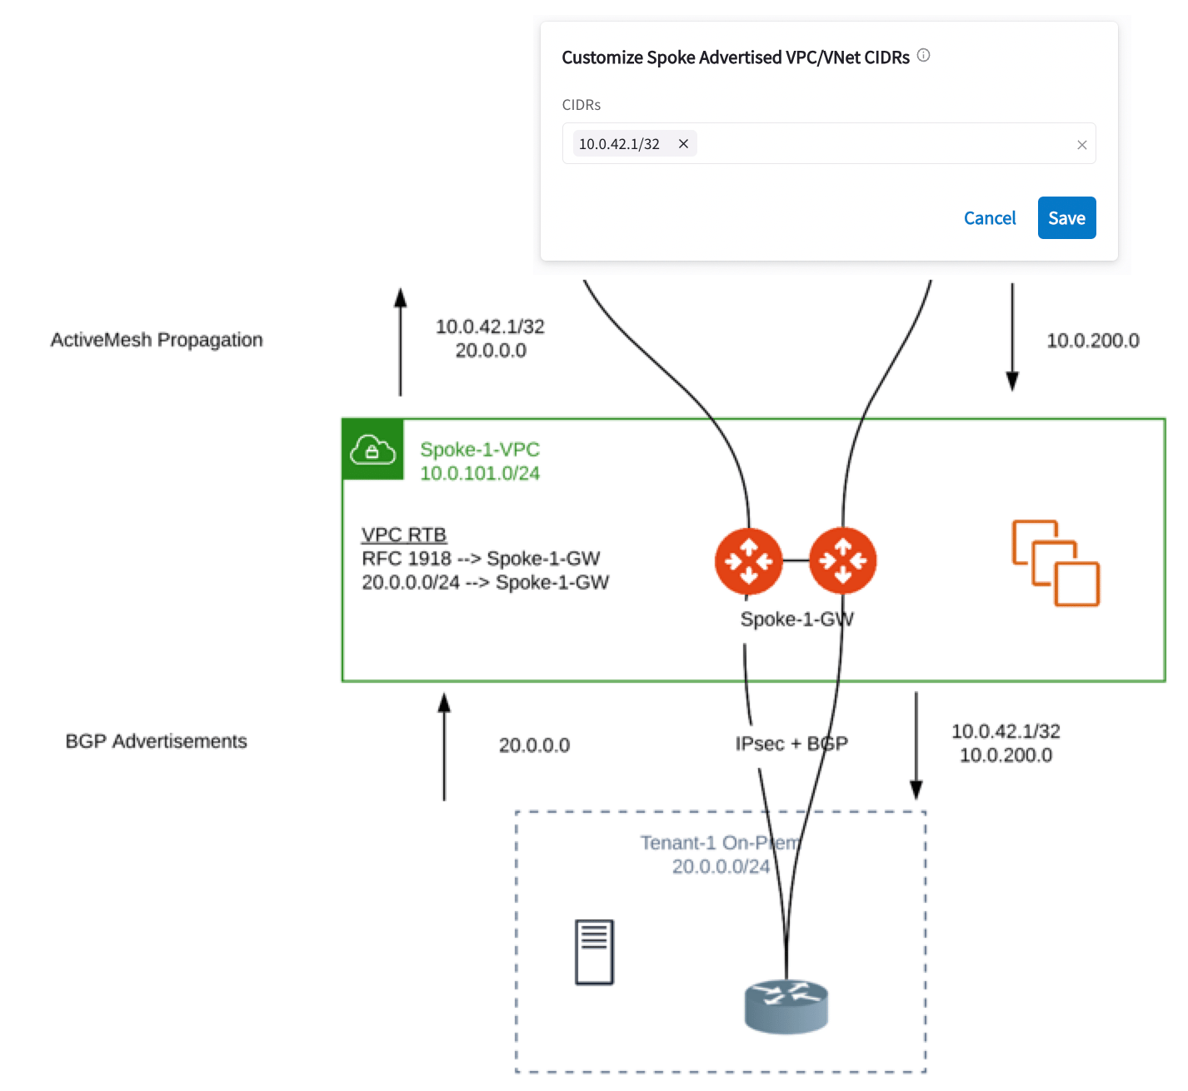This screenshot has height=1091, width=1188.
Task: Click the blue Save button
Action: point(1066,217)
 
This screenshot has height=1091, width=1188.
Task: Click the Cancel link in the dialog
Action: point(989,218)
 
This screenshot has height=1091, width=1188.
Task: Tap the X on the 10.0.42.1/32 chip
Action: point(683,144)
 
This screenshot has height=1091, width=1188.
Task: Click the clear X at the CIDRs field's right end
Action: point(1081,145)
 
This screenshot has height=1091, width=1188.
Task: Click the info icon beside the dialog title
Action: point(923,56)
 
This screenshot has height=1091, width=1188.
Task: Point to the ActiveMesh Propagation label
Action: point(157,340)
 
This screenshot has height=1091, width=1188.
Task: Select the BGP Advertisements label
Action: point(157,741)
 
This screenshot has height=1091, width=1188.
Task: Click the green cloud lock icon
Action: point(372,450)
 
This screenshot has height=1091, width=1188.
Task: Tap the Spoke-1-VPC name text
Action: point(480,450)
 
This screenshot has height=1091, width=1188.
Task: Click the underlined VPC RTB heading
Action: point(403,535)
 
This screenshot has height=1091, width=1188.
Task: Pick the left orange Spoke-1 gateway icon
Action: point(749,560)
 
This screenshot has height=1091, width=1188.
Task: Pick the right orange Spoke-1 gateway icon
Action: point(842,560)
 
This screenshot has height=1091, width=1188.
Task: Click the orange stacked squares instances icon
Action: point(1056,563)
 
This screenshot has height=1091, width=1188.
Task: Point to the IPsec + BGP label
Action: point(791,744)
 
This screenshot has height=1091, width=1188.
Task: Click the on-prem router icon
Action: point(786,1006)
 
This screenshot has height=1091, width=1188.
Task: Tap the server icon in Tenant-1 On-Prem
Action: point(594,952)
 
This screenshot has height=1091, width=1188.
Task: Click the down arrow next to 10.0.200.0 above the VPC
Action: point(1012,337)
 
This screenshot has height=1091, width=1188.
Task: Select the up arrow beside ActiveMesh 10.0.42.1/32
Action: point(401,341)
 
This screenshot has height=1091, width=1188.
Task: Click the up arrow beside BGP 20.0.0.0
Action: point(444,747)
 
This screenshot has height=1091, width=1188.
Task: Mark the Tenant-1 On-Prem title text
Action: point(720,842)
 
